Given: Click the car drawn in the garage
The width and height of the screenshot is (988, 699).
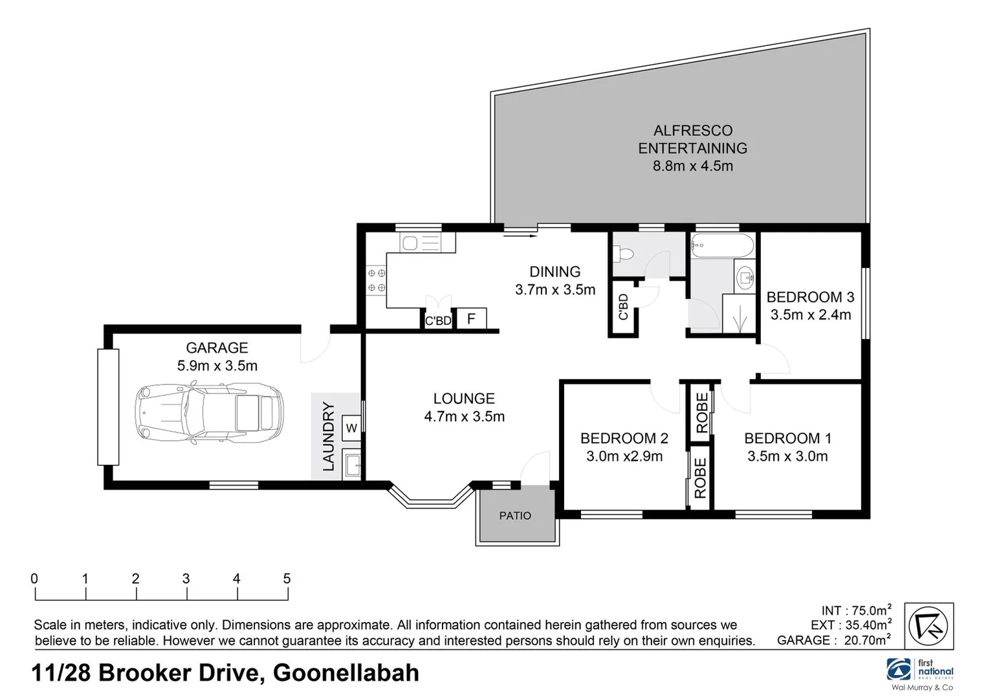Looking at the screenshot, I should (x=209, y=412).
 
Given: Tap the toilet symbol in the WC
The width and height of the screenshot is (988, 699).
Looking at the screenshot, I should (x=624, y=253).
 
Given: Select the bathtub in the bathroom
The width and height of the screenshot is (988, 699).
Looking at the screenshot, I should (x=722, y=246).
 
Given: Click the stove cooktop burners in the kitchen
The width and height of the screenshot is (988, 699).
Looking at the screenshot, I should (x=377, y=280).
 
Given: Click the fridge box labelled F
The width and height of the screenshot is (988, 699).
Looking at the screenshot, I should (x=471, y=318).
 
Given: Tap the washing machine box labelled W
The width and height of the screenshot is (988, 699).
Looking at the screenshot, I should (x=351, y=428).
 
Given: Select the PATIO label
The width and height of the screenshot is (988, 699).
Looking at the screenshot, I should (x=515, y=516).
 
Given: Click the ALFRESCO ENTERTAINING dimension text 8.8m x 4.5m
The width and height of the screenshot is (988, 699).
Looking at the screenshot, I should (x=692, y=166).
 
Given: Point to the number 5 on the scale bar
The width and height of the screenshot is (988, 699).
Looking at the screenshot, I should (x=287, y=579).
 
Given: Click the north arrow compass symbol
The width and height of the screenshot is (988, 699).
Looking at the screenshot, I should (x=928, y=626).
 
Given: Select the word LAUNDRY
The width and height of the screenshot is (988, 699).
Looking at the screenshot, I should (x=329, y=436).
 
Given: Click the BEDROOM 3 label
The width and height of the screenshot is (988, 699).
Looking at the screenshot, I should (x=810, y=297).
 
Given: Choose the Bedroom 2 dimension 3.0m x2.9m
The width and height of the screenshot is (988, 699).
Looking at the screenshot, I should (x=624, y=456).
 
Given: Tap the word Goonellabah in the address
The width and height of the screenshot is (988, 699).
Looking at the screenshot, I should (x=346, y=673).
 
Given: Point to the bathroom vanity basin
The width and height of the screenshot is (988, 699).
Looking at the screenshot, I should (x=745, y=278).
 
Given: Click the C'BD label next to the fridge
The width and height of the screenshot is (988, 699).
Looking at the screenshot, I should (x=438, y=320).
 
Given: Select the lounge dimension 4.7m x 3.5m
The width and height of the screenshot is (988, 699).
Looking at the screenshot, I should (x=464, y=417).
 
